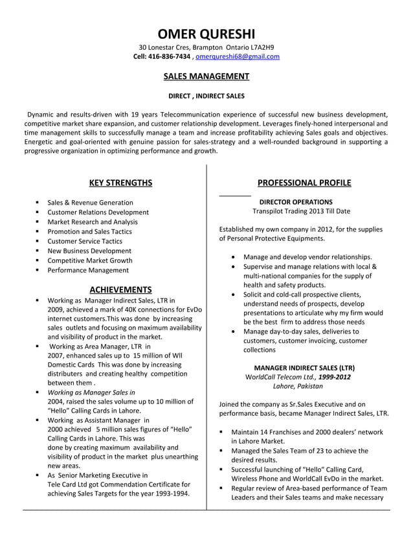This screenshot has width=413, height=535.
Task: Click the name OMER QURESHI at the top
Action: point(206,34)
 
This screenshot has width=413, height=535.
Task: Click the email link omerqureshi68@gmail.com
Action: point(238,57)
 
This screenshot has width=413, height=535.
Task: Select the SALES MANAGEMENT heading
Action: point(206,76)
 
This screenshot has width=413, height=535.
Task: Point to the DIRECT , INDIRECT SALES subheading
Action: point(206,97)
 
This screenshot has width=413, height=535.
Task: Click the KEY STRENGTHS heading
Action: point(120,183)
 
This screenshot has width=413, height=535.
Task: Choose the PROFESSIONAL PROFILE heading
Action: point(304,183)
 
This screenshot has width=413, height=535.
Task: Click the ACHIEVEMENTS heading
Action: point(120,289)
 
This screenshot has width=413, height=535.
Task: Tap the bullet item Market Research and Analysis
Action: point(92,222)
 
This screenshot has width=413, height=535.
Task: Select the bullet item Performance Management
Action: point(88,270)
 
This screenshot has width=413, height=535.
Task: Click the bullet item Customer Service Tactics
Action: point(84,241)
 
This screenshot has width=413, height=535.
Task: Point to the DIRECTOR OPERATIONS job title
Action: point(296,202)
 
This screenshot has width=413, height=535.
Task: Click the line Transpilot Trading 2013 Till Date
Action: point(301,212)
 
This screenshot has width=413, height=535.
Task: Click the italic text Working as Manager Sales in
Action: point(91,392)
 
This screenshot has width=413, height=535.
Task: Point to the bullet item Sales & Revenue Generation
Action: point(90,202)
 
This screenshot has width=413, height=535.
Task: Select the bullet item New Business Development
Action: point(89,251)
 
